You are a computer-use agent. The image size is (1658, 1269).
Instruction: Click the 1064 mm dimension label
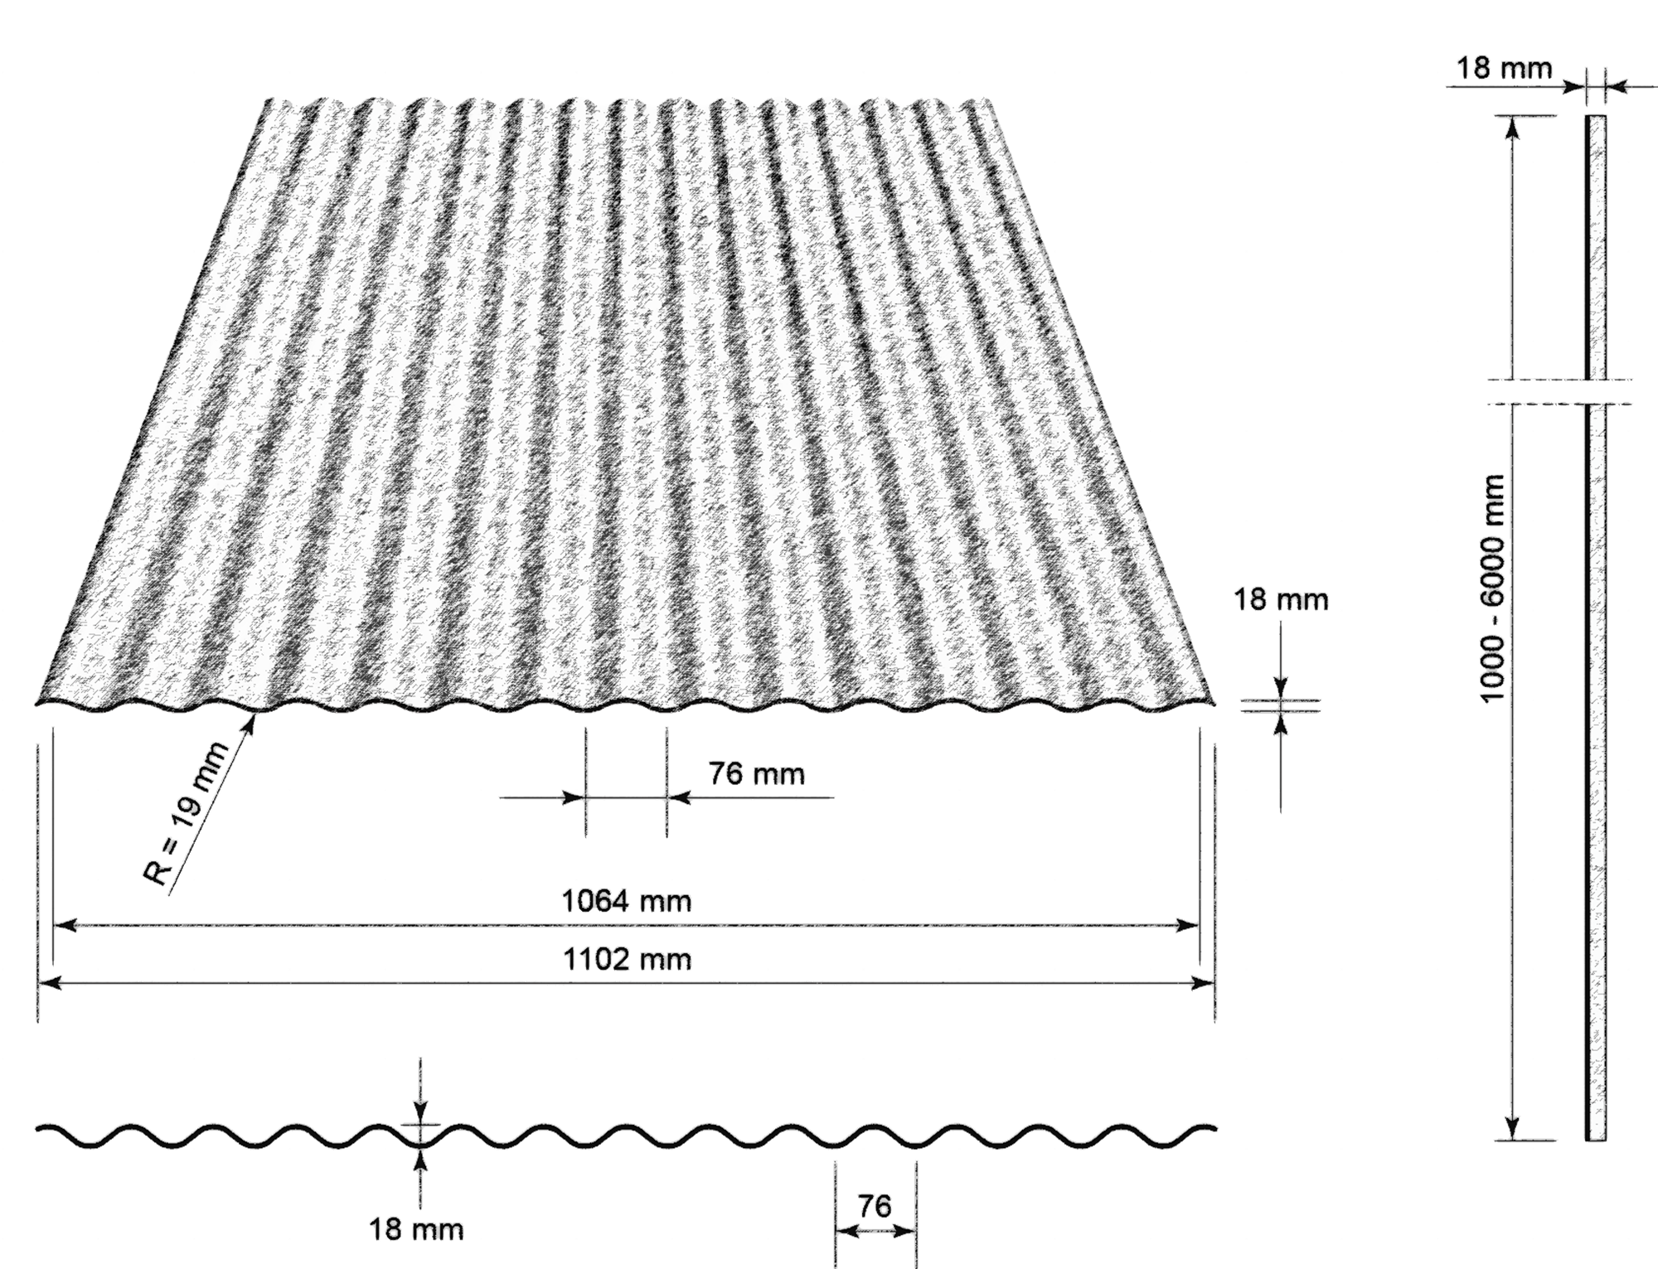tap(627, 901)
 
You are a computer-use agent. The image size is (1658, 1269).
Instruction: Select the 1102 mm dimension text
tap(627, 960)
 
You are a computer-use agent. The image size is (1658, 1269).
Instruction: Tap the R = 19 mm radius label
tap(190, 814)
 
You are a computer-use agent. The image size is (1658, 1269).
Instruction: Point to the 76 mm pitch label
tap(756, 774)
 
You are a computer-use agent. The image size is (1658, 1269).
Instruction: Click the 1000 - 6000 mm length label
tap(1491, 589)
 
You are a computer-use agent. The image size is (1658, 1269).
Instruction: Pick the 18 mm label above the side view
tap(1505, 68)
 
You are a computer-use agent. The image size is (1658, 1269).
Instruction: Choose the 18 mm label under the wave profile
tap(416, 1229)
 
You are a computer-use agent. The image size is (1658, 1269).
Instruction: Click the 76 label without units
tap(875, 1207)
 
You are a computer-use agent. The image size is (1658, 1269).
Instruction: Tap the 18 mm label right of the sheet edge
tap(1281, 600)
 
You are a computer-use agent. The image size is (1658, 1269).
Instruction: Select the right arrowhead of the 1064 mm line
tap(1199, 925)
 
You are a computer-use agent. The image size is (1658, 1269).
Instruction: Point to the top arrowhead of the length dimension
tap(1513, 117)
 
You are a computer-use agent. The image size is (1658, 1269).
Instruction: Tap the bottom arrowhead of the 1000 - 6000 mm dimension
tap(1512, 1140)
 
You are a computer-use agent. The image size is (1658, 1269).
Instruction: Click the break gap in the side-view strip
tap(1596, 392)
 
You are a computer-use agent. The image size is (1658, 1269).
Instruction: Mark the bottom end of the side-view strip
tap(1596, 1141)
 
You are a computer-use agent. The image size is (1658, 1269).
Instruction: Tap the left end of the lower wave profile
tap(36, 1129)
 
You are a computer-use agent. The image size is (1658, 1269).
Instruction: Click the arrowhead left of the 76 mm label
tap(584, 798)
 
